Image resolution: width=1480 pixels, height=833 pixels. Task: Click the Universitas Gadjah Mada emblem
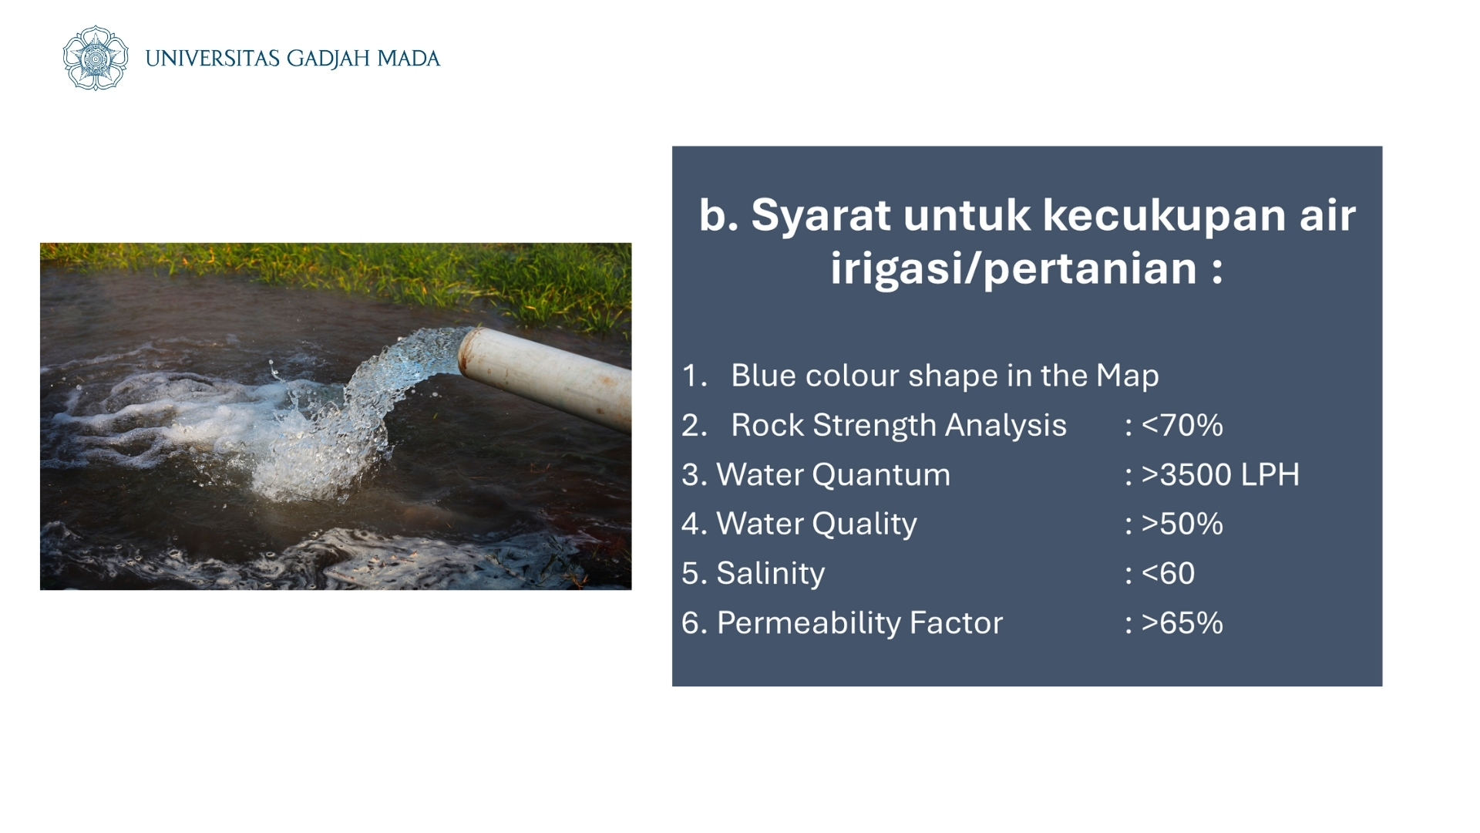click(95, 58)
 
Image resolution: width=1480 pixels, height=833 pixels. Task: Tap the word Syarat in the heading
click(821, 216)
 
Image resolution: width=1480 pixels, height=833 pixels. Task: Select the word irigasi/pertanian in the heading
click(1013, 268)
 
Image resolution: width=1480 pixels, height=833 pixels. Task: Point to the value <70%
click(1182, 425)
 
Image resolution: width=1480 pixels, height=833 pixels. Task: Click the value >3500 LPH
click(1220, 474)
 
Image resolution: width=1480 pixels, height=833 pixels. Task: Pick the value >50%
click(1182, 524)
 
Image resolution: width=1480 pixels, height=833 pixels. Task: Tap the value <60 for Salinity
click(1168, 573)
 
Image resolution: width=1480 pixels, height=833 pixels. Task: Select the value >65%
click(1182, 622)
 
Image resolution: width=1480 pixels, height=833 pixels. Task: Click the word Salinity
click(771, 574)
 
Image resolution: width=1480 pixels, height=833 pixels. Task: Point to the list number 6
click(691, 623)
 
